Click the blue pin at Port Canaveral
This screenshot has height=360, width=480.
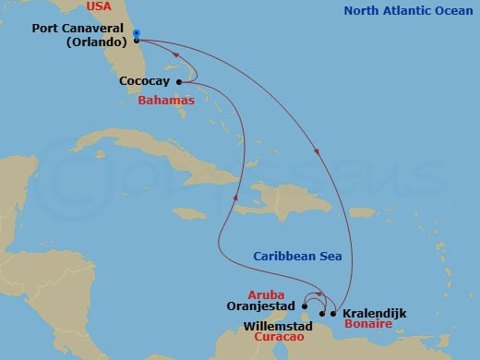(136, 34)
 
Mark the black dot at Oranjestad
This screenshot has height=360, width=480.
(305, 306)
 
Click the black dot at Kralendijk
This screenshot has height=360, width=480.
(333, 314)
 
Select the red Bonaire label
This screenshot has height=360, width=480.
(366, 326)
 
